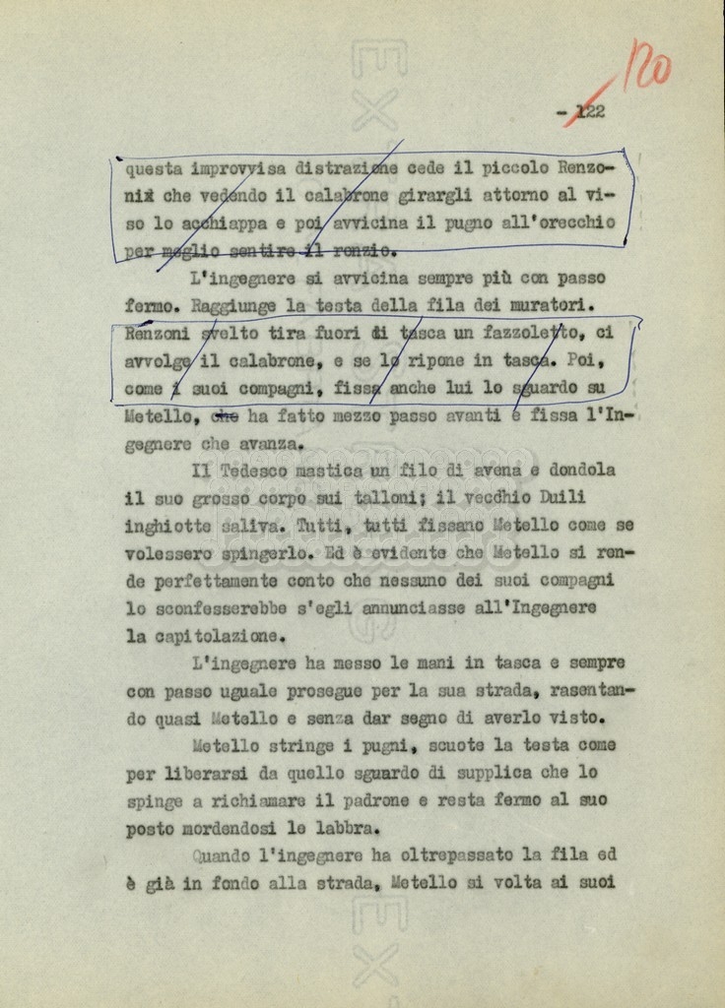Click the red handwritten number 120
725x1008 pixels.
point(648,66)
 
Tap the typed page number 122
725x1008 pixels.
point(589,112)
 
